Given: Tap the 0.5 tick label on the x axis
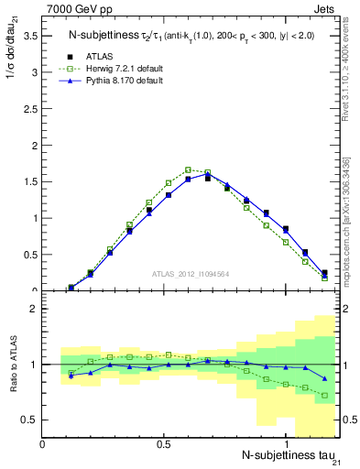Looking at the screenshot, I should click(164, 445).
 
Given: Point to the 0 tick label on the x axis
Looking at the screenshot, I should click(43, 445).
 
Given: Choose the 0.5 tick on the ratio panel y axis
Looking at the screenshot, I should click(29, 420).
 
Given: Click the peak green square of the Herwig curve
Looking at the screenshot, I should click(188, 169).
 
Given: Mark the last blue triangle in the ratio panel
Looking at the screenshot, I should click(324, 378).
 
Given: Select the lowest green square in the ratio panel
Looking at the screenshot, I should click(324, 396).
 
